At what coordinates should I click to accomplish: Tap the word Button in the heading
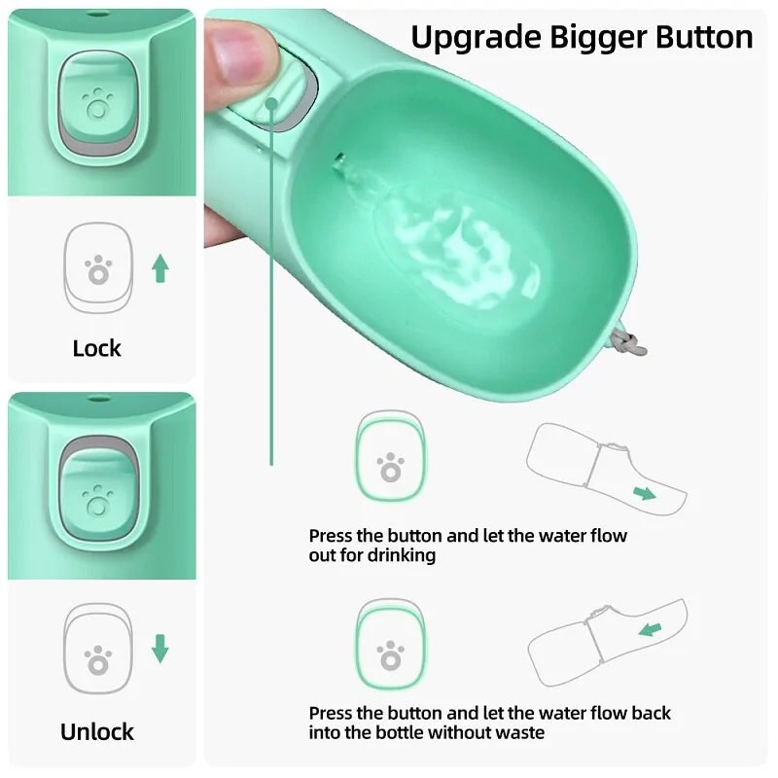tap(698, 37)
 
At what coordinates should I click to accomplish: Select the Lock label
tap(97, 348)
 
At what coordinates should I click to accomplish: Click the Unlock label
tap(97, 731)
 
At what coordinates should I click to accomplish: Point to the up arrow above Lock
tap(160, 267)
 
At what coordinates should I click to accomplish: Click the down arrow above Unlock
tap(160, 648)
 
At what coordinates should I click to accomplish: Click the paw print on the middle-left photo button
tap(97, 500)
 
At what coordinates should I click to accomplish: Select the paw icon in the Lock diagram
tap(97, 269)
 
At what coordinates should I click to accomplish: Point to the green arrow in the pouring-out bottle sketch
tap(645, 493)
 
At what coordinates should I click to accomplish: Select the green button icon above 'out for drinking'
tap(390, 457)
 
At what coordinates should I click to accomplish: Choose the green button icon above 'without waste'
tap(390, 647)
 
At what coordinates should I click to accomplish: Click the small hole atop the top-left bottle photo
tap(97, 16)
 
